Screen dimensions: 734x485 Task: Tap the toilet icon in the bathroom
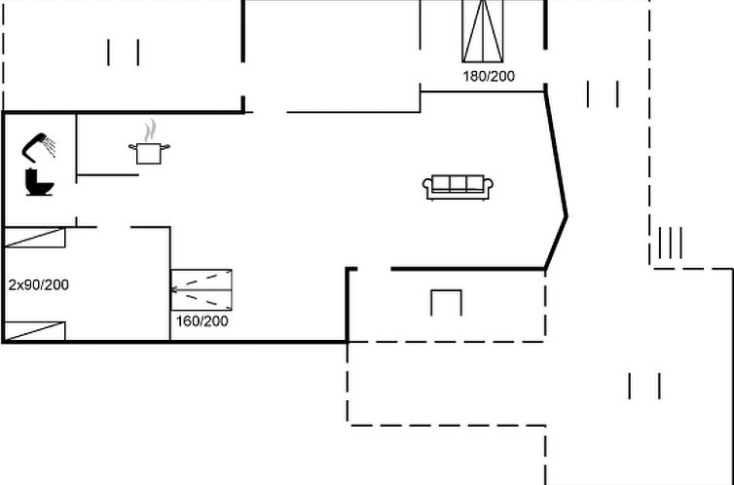click(x=39, y=182)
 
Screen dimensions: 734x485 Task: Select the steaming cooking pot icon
click(x=149, y=142)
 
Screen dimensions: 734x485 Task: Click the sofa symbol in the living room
click(x=458, y=187)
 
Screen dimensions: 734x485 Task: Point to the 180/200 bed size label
click(x=489, y=76)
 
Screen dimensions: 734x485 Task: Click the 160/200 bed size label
click(x=202, y=321)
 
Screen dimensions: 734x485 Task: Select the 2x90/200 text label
click(x=38, y=284)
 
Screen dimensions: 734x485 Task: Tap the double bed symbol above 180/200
click(x=483, y=31)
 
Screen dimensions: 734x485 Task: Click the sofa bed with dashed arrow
click(x=202, y=290)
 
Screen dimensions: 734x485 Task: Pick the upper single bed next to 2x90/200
click(x=35, y=238)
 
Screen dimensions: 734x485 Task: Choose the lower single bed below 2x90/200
click(x=35, y=331)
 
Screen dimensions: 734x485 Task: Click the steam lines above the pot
click(x=150, y=131)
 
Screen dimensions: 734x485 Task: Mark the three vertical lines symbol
click(x=671, y=242)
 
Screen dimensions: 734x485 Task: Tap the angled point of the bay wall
click(x=567, y=217)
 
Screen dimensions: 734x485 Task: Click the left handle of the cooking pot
click(x=133, y=147)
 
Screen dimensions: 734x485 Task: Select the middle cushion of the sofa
click(x=458, y=183)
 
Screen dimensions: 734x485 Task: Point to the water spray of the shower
click(x=49, y=146)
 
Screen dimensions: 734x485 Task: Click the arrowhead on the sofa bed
click(x=174, y=290)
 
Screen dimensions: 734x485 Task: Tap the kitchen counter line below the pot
click(x=108, y=175)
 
